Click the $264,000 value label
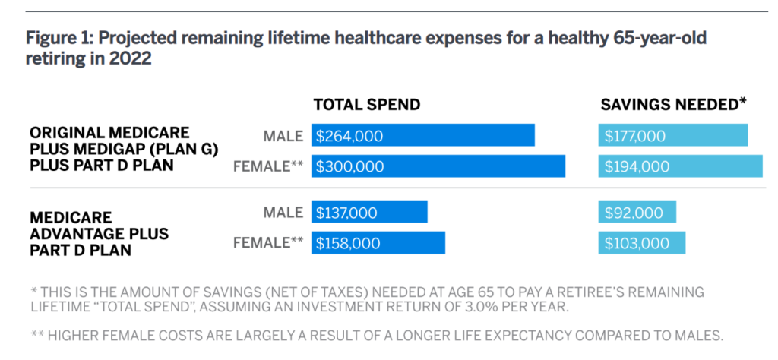[x=349, y=137]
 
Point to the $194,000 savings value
[x=637, y=166]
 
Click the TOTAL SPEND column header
[x=367, y=105]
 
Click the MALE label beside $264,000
[x=283, y=137]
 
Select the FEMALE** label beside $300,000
[x=268, y=166]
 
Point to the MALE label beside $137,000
[x=283, y=213]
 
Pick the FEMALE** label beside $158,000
[x=268, y=243]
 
